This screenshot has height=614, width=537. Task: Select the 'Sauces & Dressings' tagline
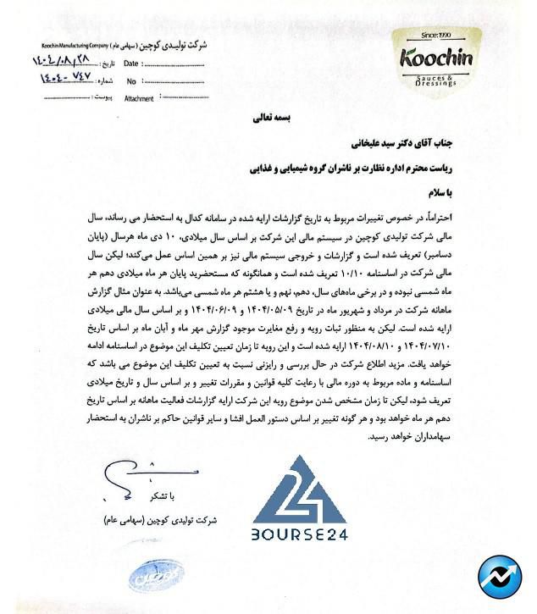[x=436, y=81]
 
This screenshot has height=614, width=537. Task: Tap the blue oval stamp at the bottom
[x=158, y=578]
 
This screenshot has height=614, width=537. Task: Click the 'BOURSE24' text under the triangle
[x=300, y=534]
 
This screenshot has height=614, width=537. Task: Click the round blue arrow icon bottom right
[x=500, y=578]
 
